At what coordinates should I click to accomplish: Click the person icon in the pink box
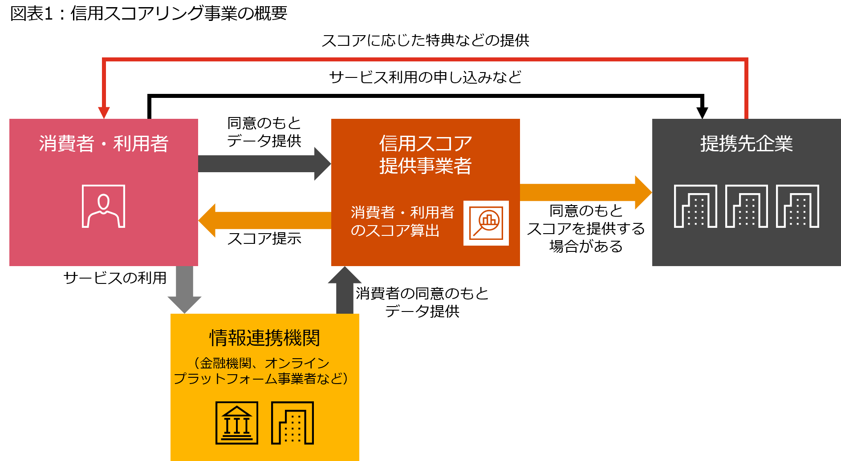click(103, 206)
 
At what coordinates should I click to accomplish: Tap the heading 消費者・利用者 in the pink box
click(103, 144)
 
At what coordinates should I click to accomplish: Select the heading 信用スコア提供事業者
click(425, 154)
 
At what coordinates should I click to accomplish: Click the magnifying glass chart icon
click(486, 223)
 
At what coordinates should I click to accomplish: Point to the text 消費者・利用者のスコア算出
click(402, 221)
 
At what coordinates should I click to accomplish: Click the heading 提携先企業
click(746, 144)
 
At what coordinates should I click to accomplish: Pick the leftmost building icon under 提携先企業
click(695, 206)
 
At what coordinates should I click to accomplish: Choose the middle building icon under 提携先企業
click(746, 206)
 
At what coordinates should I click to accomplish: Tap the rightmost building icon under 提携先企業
click(797, 206)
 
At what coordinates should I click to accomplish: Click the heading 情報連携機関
click(264, 338)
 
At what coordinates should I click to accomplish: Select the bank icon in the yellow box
click(237, 423)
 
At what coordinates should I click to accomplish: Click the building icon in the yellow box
click(293, 423)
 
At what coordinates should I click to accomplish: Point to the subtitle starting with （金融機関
click(261, 371)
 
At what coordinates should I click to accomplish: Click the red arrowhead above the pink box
click(104, 112)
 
